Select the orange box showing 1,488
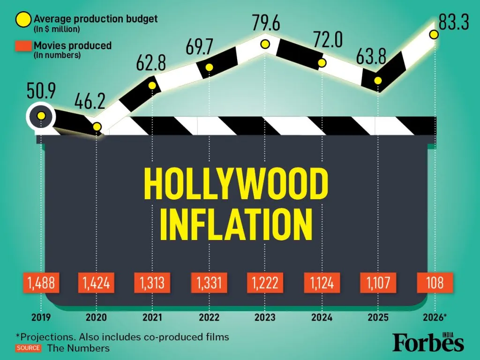tap(41, 283)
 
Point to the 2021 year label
tap(152, 317)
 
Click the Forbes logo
tap(428, 343)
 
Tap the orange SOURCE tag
tap(28, 348)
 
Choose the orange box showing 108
tap(435, 283)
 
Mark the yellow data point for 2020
tap(97, 127)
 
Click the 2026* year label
tap(434, 317)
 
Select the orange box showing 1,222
tap(265, 283)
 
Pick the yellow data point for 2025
tap(378, 81)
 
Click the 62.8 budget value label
tap(150, 63)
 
